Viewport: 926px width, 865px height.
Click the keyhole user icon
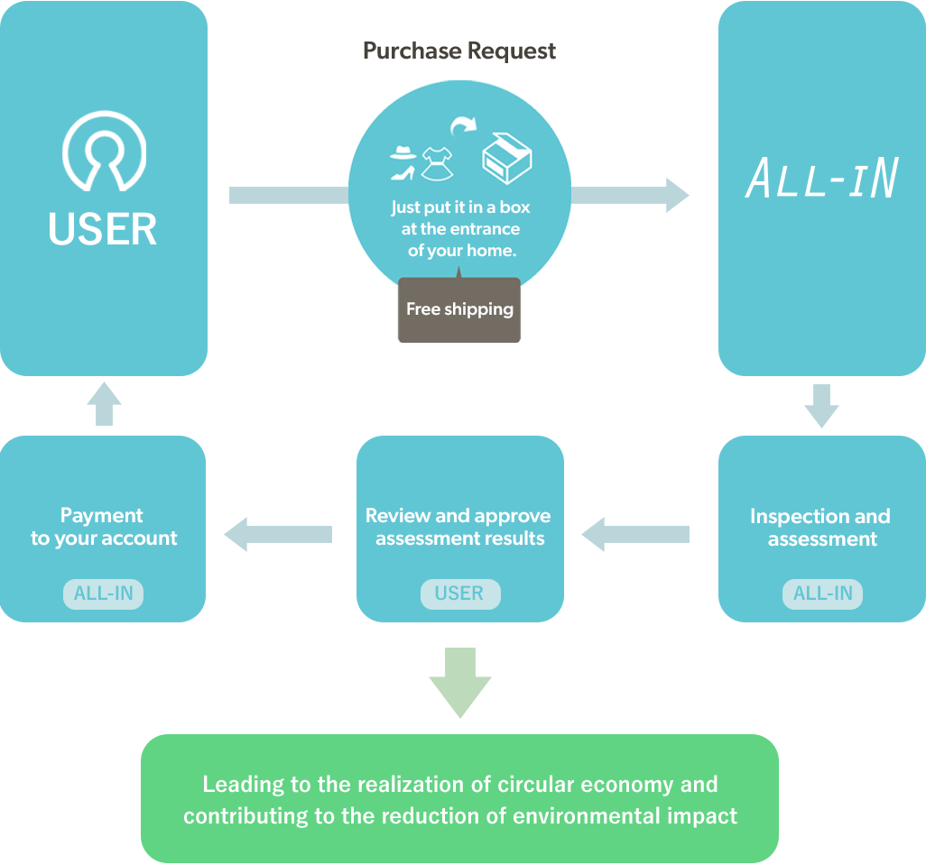(104, 151)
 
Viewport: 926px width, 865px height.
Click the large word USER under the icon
(103, 229)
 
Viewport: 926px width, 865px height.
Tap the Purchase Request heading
(459, 51)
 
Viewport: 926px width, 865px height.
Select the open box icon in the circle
(506, 159)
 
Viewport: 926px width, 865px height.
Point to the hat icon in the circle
(403, 152)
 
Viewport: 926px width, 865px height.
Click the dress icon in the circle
(438, 160)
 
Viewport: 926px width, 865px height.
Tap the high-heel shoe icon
(403, 172)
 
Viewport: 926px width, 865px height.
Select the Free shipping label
(459, 309)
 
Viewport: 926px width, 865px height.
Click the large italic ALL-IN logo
(821, 179)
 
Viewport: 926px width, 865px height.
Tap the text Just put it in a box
(460, 207)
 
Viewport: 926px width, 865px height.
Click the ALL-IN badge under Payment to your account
(103, 594)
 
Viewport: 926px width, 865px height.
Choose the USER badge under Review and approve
(459, 594)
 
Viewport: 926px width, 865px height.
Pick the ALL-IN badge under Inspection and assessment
(822, 594)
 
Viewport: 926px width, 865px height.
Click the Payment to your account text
(103, 528)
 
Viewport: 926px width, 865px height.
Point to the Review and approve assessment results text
(458, 528)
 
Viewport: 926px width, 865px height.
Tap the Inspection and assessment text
(820, 528)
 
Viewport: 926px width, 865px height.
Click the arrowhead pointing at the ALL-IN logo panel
(684, 195)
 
